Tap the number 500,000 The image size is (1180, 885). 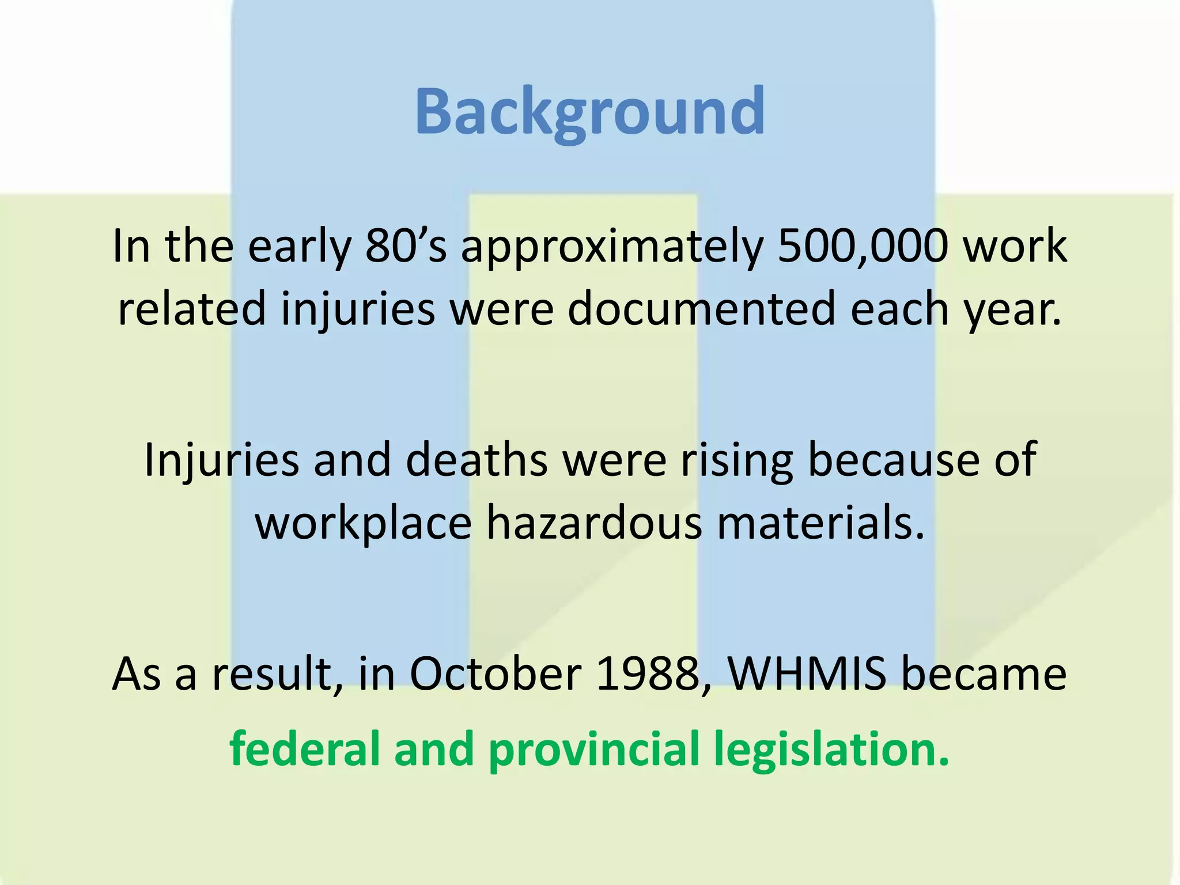click(x=863, y=246)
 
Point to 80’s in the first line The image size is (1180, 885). click(x=406, y=246)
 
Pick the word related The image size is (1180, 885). click(x=192, y=308)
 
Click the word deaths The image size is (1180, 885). click(x=476, y=459)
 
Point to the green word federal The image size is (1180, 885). click(x=305, y=748)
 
